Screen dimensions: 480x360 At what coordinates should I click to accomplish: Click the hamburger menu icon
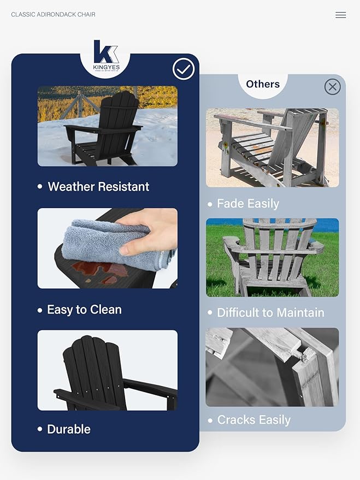point(340,15)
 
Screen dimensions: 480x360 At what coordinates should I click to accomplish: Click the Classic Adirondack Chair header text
point(53,14)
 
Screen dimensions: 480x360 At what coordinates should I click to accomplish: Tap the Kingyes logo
point(105,55)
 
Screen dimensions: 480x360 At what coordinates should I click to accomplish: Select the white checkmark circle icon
point(184,69)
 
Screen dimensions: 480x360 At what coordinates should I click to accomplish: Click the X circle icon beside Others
point(332,87)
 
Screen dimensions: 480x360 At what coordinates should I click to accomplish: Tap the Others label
point(263,84)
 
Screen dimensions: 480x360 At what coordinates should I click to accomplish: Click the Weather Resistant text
point(98,187)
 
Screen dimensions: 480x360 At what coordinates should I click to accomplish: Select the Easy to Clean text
point(84,310)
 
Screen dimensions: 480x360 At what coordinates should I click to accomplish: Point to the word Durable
point(69,429)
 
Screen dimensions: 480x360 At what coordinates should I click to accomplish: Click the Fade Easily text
point(248,204)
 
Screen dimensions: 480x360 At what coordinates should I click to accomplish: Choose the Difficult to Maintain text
point(270,313)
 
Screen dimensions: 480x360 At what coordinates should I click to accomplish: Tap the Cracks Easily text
point(253,420)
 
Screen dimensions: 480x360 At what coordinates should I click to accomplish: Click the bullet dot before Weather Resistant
point(40,187)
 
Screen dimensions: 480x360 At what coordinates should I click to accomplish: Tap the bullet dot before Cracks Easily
point(210,420)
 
